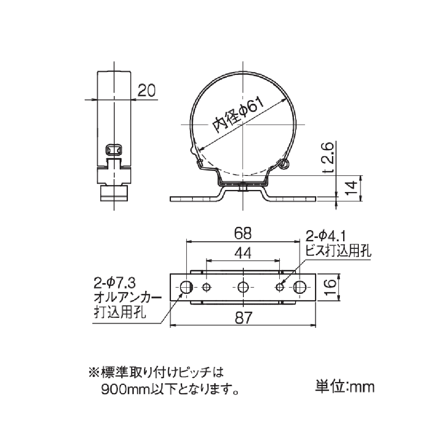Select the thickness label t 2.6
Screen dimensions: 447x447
[x=329, y=157]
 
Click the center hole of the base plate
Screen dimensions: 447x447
[x=243, y=286]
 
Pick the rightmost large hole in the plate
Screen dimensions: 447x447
[x=300, y=286]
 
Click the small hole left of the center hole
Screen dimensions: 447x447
[x=207, y=286]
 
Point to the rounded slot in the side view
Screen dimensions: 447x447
[x=114, y=149]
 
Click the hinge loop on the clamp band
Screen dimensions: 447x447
[x=284, y=164]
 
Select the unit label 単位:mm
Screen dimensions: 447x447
[x=345, y=387]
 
